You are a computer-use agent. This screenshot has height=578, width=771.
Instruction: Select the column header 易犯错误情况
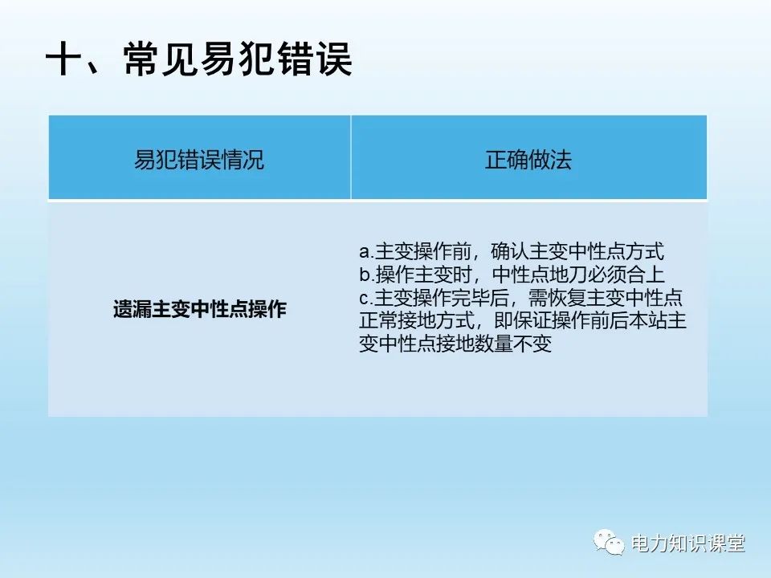coord(198,159)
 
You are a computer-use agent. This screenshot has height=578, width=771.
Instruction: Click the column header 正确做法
coord(528,159)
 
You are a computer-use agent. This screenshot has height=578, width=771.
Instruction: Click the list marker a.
coord(364,250)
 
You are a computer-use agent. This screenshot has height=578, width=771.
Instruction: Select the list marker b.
coord(364,275)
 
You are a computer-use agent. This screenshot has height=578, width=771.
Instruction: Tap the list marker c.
coord(364,299)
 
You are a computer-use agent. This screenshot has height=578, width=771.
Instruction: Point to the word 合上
coord(647,275)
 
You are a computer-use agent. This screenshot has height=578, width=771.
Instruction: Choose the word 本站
coord(657,322)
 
